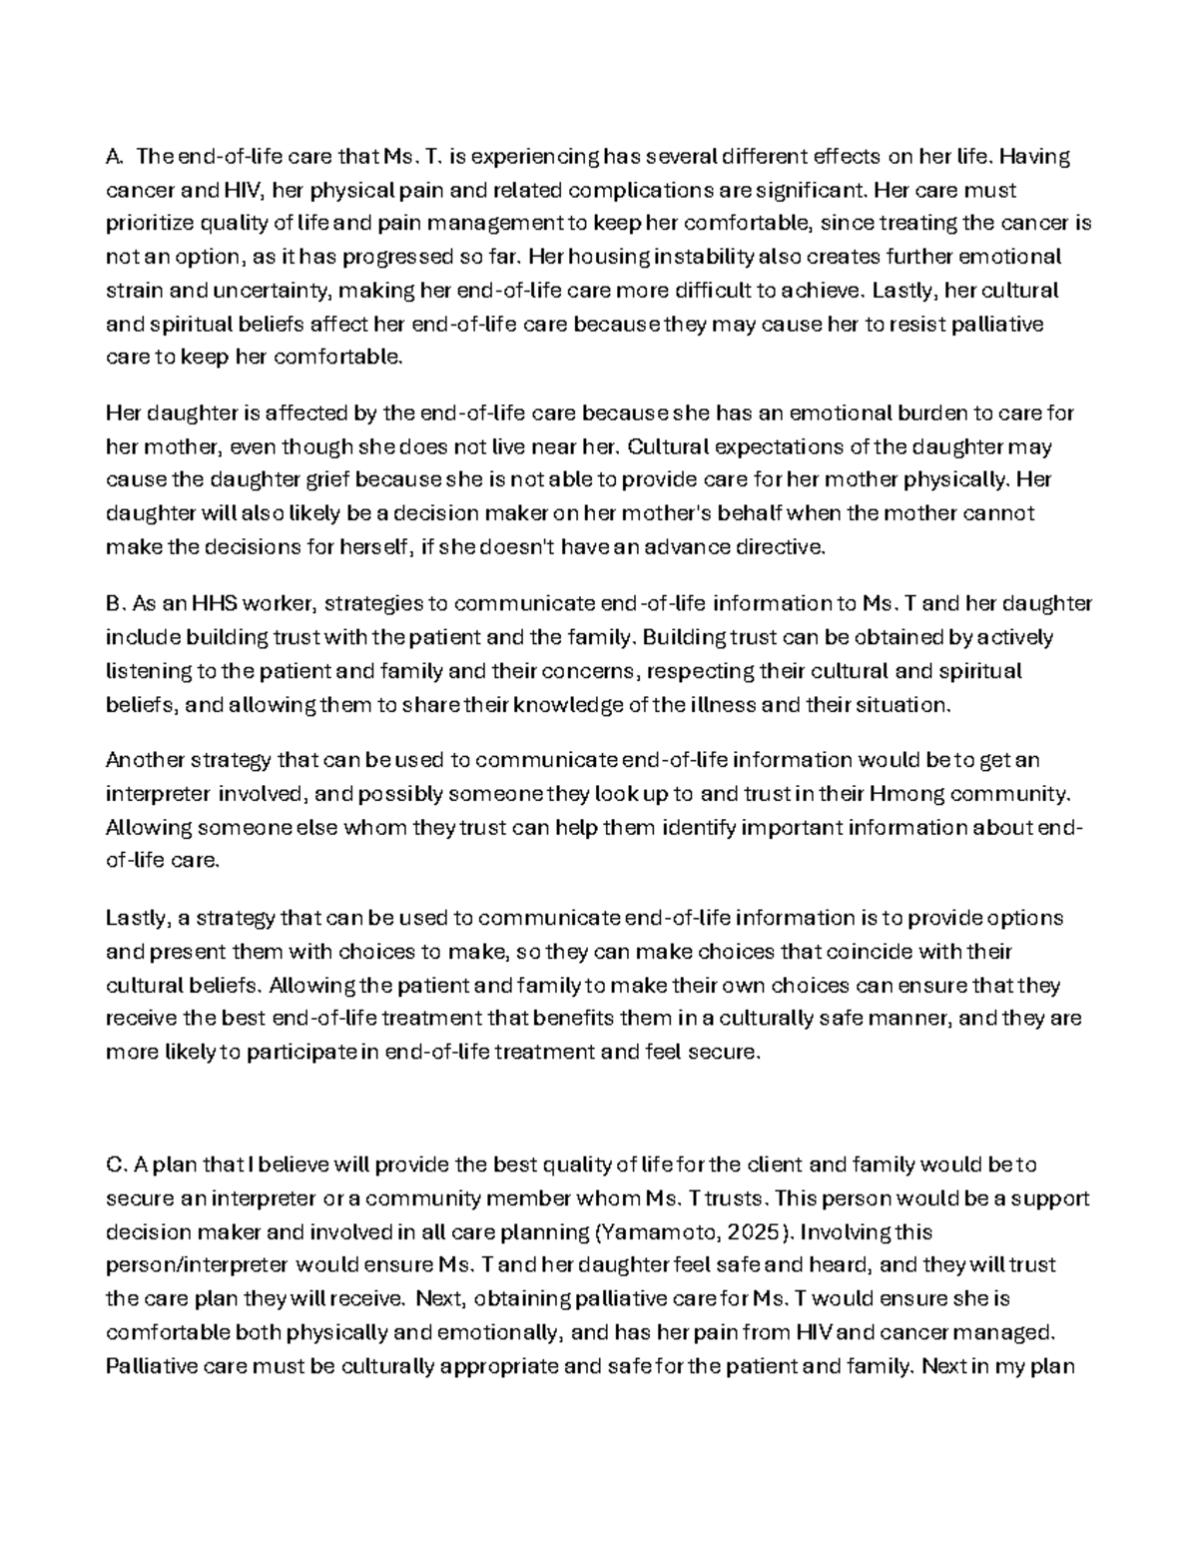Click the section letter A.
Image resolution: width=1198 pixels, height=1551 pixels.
coord(113,156)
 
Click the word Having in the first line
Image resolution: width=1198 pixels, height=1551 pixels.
coord(1035,156)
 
